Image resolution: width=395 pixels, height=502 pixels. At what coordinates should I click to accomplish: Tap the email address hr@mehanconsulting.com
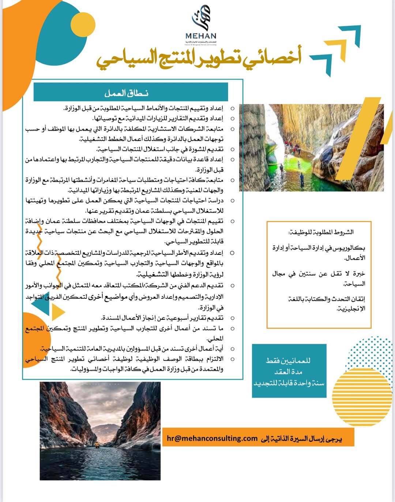point(212,438)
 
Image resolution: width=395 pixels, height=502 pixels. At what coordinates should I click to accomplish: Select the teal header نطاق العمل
point(127,93)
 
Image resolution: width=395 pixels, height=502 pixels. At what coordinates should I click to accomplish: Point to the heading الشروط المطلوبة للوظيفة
point(321,232)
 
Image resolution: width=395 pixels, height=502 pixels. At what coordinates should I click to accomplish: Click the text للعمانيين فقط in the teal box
point(289,360)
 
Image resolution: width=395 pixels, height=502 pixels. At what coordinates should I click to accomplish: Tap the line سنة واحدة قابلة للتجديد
point(289,383)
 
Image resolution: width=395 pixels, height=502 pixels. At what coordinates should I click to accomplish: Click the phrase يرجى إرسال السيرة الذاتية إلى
point(301,438)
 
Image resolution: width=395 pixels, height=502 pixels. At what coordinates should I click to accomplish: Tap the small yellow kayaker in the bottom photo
point(97,445)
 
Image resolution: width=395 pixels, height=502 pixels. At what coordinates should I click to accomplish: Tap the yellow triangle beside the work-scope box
point(58,312)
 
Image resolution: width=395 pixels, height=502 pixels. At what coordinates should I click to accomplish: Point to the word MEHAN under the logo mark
point(201,36)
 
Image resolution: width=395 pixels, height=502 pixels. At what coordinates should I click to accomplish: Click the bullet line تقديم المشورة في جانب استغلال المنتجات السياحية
point(160,149)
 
